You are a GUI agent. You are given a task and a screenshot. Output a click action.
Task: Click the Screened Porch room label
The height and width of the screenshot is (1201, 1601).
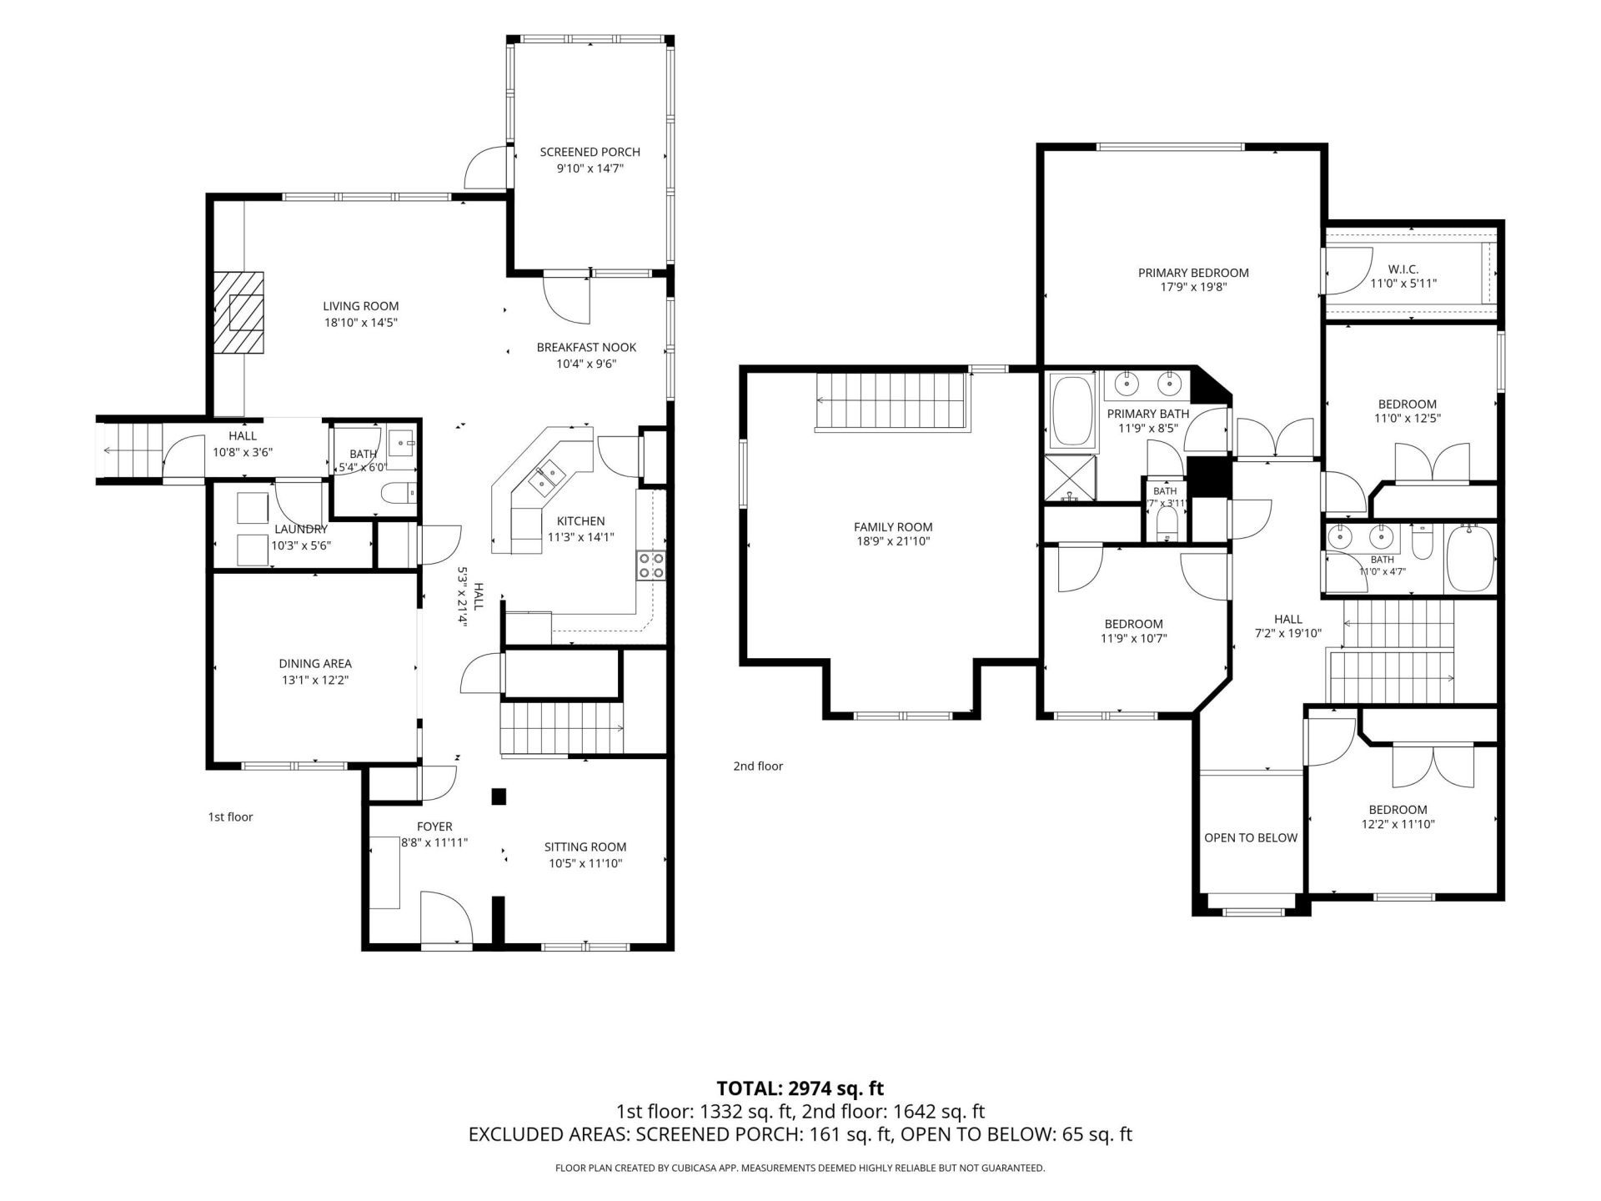pos(590,152)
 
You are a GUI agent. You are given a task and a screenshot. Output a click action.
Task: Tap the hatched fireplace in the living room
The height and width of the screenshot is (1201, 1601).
pos(238,313)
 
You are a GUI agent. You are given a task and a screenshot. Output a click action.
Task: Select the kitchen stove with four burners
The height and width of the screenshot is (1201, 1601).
pos(650,565)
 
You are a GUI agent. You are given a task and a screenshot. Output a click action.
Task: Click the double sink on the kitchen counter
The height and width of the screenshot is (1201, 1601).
pos(548,477)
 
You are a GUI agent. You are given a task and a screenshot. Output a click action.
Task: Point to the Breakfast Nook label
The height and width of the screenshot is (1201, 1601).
pos(586,347)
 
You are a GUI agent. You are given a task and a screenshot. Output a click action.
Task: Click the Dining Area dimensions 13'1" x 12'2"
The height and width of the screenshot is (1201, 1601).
pos(315,681)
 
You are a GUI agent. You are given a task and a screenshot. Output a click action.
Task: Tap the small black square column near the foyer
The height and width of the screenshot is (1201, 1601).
pos(499,796)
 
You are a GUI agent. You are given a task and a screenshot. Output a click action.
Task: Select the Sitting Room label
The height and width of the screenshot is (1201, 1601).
pos(585,847)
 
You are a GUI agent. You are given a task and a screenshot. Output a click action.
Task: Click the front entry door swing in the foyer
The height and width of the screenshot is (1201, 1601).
pos(447,917)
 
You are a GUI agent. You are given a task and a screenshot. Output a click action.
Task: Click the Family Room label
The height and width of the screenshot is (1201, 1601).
pos(893,527)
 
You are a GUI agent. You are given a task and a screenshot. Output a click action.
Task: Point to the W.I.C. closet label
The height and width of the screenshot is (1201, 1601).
pos(1403,269)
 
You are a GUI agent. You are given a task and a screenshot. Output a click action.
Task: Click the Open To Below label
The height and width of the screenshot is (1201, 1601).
pos(1251,837)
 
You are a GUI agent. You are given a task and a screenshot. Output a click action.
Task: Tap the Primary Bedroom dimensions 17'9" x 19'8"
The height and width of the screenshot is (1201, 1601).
pos(1193,288)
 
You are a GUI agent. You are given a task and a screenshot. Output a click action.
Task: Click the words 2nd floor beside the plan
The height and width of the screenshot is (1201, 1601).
pos(758,766)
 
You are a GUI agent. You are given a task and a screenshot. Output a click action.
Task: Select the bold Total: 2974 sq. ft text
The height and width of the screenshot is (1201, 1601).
pos(800,1088)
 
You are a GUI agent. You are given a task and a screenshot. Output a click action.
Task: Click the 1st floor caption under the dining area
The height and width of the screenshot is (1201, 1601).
pos(230,817)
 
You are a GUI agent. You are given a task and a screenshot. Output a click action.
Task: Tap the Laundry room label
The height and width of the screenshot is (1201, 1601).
pos(301,529)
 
